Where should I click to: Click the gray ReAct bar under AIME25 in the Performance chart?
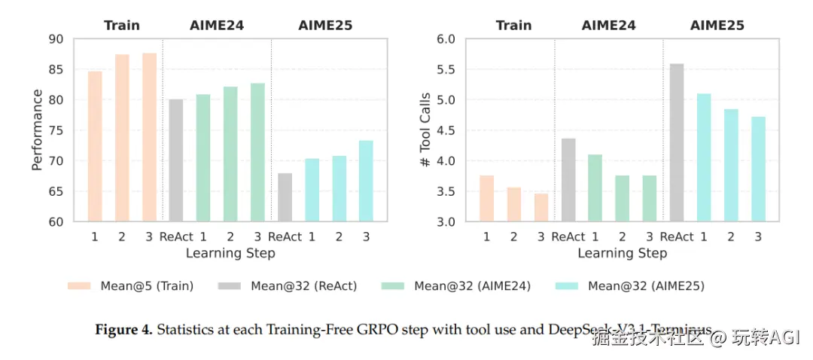pos(285,197)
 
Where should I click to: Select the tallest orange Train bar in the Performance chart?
pos(149,137)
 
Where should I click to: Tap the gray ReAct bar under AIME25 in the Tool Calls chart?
pos(676,143)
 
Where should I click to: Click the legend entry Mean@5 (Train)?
pos(131,285)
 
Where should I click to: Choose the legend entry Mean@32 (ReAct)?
pos(288,285)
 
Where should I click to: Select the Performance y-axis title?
pos(37,130)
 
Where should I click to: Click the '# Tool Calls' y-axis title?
pos(425,130)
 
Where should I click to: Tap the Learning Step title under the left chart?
pos(230,253)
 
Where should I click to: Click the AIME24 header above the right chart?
pos(608,25)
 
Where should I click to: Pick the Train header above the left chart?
pos(122,25)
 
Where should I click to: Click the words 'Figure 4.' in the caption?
pos(123,330)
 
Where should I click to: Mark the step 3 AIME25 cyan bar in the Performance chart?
pos(366,181)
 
